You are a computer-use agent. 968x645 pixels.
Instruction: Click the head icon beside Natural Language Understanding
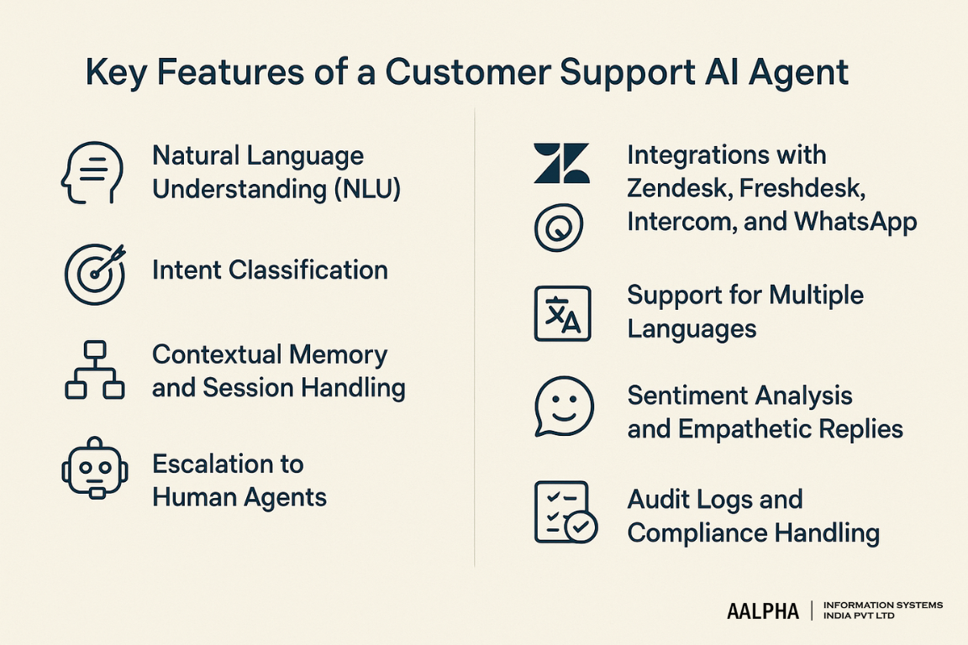click(92, 172)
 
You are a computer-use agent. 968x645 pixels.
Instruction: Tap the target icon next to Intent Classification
click(94, 274)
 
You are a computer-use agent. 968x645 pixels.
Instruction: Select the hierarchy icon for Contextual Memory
click(94, 370)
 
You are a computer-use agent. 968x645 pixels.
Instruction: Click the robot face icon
click(94, 467)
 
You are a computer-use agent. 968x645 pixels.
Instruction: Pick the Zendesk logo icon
click(561, 163)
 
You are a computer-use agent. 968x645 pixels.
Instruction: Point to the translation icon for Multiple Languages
click(562, 314)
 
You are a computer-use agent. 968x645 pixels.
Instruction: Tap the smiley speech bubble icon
click(564, 406)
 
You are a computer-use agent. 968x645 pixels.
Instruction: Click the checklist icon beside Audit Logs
click(565, 512)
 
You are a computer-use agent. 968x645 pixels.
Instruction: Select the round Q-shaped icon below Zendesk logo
click(559, 227)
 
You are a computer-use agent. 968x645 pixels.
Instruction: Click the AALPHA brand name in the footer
click(763, 611)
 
